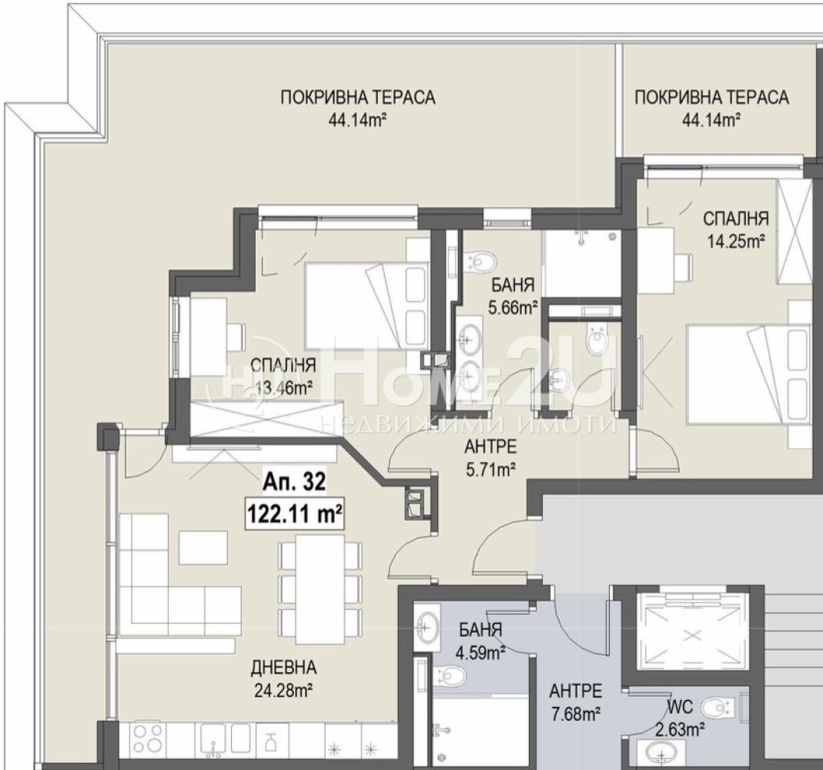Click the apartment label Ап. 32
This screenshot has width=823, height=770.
(294, 482)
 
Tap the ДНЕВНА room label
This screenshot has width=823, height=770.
(283, 668)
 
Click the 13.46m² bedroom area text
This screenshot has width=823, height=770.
(284, 388)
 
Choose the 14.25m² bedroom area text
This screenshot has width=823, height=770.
(735, 241)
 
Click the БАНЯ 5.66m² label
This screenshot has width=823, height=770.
(513, 296)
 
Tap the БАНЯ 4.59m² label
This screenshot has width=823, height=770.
(480, 641)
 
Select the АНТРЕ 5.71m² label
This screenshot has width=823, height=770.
(490, 457)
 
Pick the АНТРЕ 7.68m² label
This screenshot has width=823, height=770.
(575, 702)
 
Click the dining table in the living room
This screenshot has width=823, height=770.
(320, 589)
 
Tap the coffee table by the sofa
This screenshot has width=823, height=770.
(203, 548)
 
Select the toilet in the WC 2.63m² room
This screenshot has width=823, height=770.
(717, 707)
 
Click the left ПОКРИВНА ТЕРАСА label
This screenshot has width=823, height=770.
(358, 98)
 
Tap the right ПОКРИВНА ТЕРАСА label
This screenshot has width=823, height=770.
(711, 98)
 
